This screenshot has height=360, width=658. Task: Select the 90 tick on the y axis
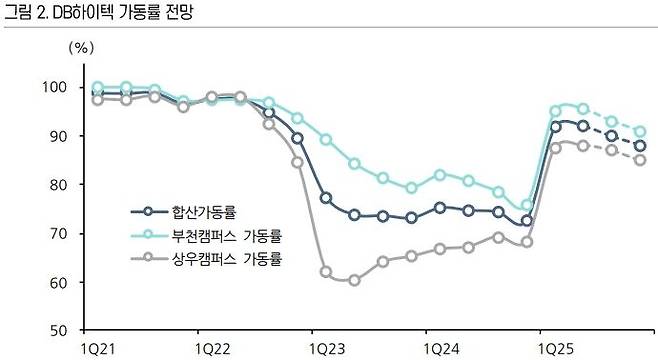click(x=55, y=136)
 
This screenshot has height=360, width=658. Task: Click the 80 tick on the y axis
click(x=55, y=185)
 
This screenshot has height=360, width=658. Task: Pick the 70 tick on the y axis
click(x=55, y=234)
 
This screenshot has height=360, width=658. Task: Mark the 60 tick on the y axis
click(x=55, y=283)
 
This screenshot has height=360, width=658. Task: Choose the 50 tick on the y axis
click(x=55, y=331)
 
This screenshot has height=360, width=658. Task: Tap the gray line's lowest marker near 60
click(x=354, y=280)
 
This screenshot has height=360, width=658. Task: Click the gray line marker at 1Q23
click(x=326, y=271)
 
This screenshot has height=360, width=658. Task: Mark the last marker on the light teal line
click(x=640, y=132)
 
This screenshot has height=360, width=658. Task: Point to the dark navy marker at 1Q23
click(x=326, y=198)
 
